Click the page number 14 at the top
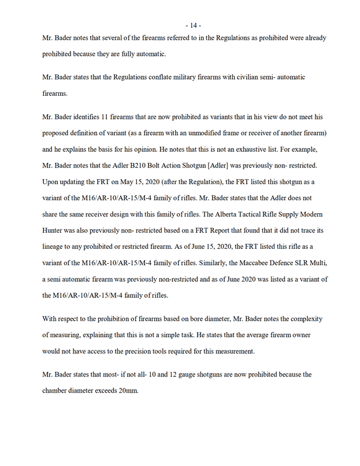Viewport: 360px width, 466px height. coord(193,25)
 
